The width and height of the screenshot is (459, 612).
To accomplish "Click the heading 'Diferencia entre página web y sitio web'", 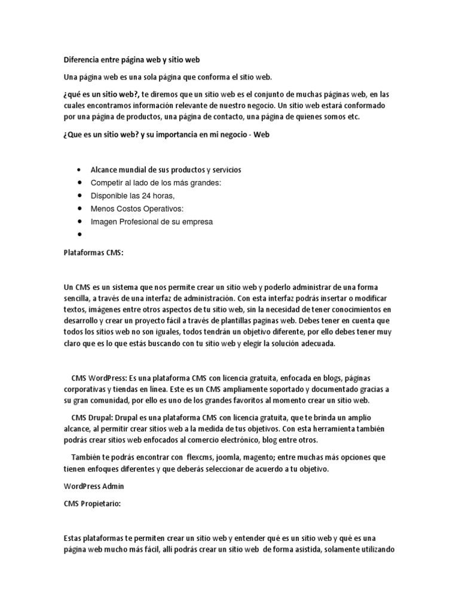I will pos(131,60).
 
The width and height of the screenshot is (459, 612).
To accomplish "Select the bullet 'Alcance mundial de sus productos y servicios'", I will pos(157,170).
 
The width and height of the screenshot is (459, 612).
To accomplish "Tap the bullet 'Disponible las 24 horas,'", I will pos(132,195).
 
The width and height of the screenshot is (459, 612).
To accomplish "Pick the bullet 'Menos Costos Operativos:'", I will pos(137,209).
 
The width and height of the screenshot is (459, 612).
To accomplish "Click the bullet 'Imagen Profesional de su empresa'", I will pos(151,221).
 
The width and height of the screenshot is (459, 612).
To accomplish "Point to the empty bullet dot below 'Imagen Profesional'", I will pos(79,235).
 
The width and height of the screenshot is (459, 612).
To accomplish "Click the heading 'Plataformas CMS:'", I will pos(93,253).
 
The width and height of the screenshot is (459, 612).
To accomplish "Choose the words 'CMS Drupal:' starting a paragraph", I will pos(91,417).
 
